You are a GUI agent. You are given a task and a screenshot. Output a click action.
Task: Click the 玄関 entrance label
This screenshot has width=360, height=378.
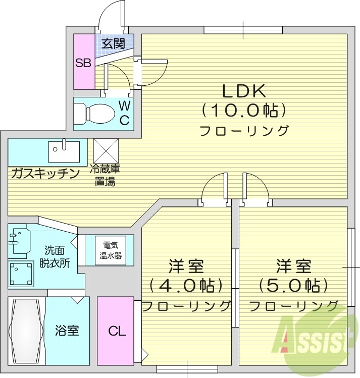(x=113, y=43)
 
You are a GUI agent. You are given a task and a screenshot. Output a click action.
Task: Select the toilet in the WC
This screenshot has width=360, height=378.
(x=96, y=113)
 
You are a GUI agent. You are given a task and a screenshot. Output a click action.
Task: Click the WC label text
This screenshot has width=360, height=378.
(x=125, y=113)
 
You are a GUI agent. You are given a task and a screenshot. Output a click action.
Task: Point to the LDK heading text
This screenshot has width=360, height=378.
(x=244, y=90)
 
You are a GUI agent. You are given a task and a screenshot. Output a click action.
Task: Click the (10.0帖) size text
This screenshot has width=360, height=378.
(x=244, y=110)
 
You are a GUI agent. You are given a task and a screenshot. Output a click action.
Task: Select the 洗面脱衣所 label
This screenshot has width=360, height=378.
(x=54, y=256)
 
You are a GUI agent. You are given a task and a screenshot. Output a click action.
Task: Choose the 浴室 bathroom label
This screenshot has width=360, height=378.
(x=67, y=331)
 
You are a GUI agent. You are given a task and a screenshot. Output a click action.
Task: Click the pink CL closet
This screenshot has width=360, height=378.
(x=116, y=331)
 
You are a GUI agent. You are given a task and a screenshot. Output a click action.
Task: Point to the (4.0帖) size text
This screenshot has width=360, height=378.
(x=186, y=286)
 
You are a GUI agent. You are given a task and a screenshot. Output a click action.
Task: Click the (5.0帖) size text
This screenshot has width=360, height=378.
(x=293, y=286)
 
